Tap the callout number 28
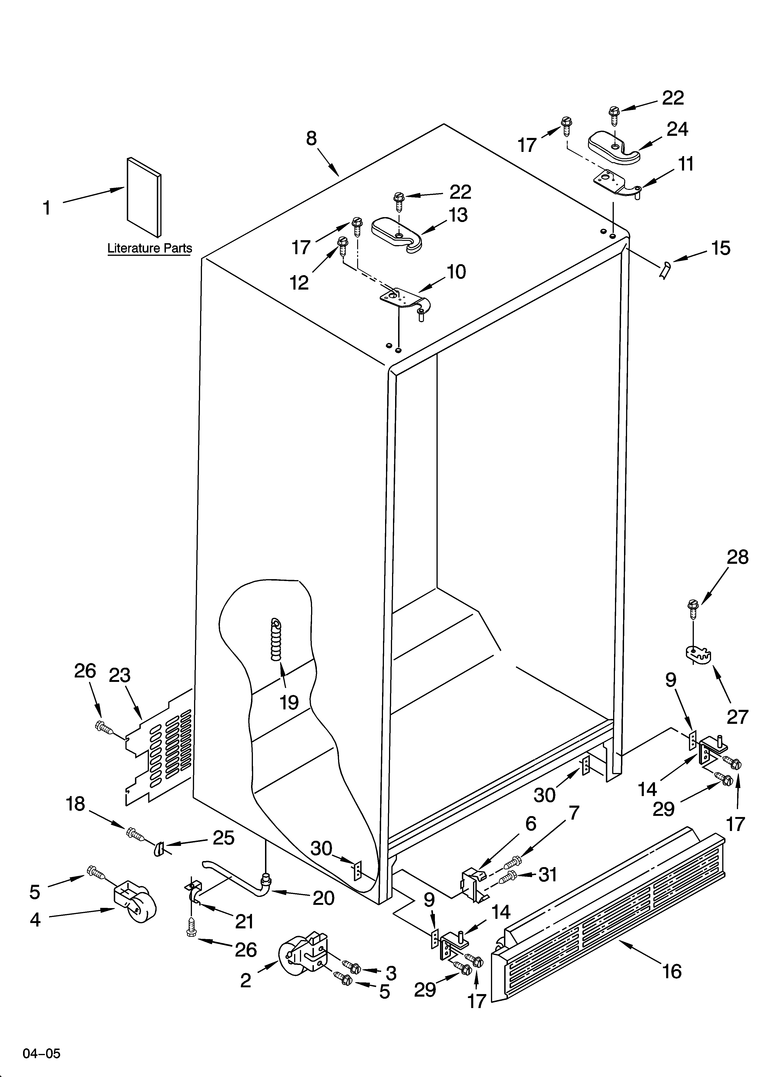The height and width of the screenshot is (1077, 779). (738, 557)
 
